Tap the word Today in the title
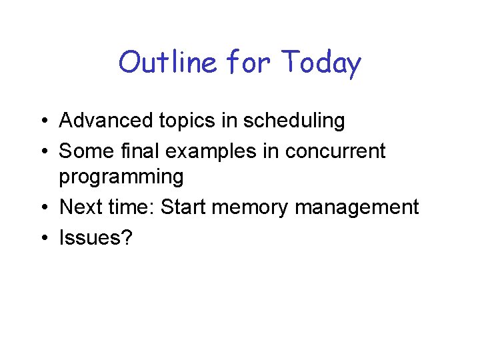click(x=321, y=63)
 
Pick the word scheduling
click(x=294, y=121)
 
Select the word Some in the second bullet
click(x=83, y=151)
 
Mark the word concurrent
click(x=335, y=151)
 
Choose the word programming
click(x=121, y=177)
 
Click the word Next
click(x=79, y=207)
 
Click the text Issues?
click(x=96, y=237)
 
